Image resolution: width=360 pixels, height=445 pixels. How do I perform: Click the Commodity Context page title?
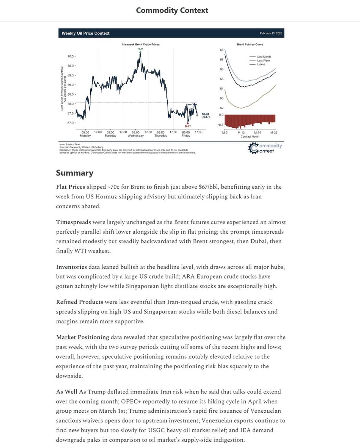point(172,10)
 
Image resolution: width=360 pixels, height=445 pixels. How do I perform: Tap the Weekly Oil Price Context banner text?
point(85,33)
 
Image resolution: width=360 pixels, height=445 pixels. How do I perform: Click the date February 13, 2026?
point(271,33)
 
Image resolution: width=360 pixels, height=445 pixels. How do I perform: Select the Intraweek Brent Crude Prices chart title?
point(140,44)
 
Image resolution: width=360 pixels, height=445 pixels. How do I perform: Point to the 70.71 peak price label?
point(140,49)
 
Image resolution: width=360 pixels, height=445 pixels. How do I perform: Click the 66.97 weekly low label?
point(187,126)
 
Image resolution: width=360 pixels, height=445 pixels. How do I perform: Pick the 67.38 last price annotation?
point(205,114)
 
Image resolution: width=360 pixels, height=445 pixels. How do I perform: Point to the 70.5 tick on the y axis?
point(70,56)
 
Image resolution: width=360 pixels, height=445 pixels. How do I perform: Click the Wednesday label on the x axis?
point(136,136)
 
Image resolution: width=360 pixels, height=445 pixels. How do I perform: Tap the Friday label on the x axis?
point(186,136)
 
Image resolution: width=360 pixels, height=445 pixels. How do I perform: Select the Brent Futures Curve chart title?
point(250,44)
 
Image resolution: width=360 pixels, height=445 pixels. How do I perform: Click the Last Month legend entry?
point(263,57)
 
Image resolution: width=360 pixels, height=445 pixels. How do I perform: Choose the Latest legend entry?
point(260,64)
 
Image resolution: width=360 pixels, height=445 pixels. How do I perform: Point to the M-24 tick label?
point(257,133)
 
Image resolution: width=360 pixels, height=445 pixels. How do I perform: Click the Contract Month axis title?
point(250,136)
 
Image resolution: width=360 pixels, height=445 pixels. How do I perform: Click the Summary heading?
point(74,173)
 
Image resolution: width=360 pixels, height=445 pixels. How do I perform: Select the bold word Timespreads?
point(73,222)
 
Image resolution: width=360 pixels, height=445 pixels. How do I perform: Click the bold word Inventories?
point(71,267)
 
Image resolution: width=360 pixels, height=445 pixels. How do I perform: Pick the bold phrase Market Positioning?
point(82,337)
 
